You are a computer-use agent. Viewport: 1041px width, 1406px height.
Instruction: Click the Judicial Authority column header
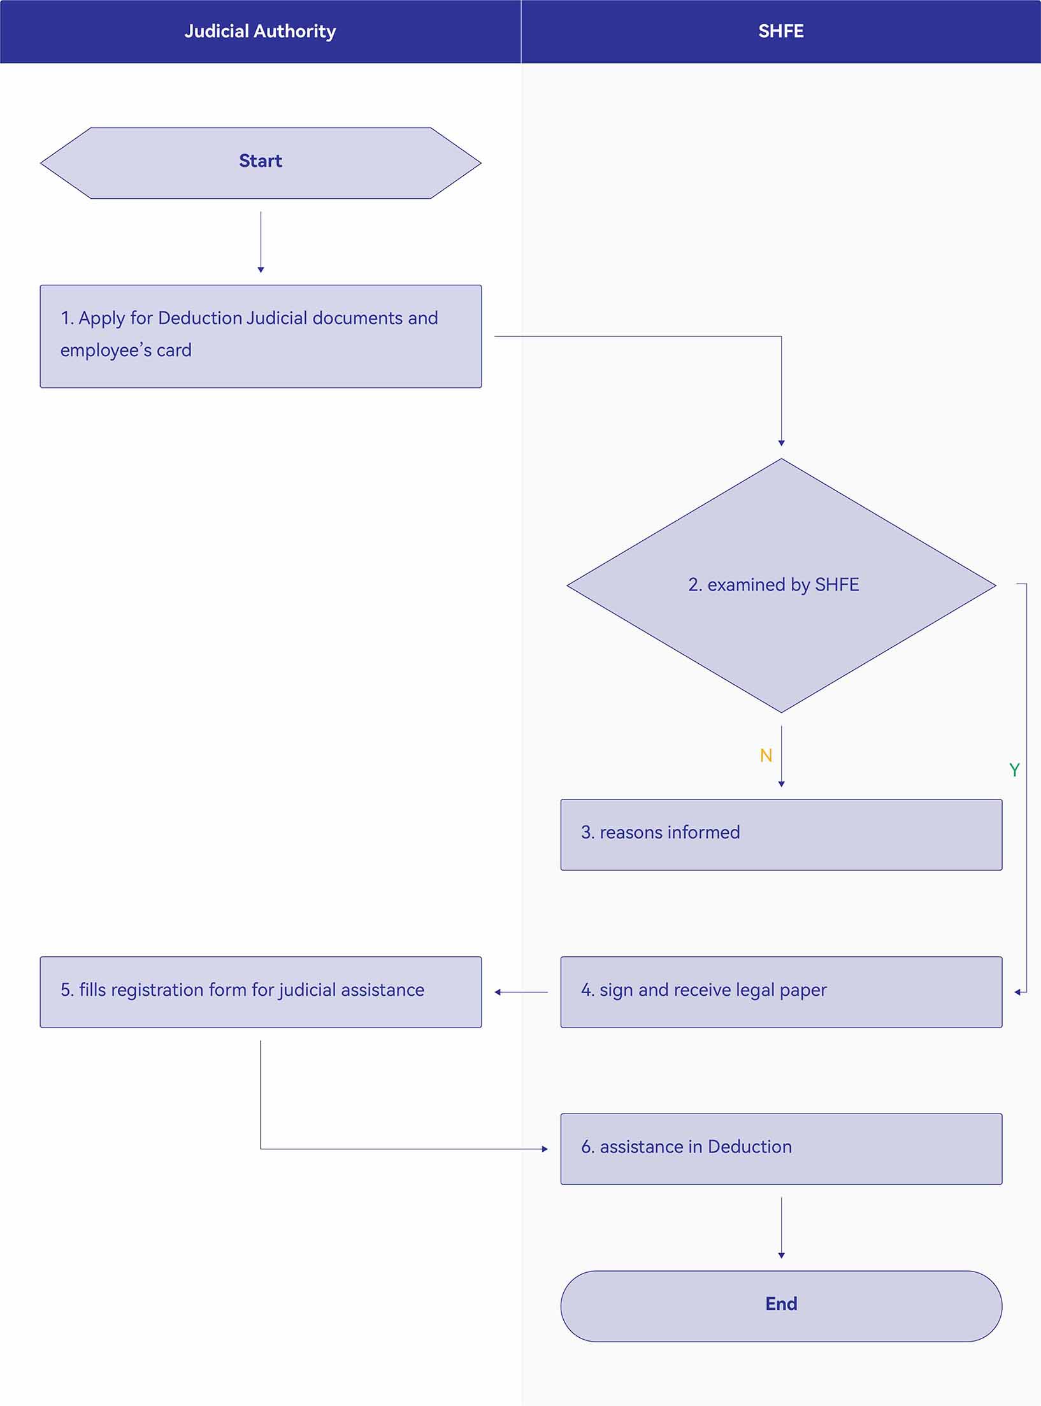(260, 31)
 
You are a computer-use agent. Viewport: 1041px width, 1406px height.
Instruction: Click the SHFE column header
(781, 31)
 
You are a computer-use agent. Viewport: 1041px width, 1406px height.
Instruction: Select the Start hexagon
(261, 163)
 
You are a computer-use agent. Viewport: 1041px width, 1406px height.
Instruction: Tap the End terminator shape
(781, 1306)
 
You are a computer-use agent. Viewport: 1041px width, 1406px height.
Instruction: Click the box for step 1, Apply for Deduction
(261, 336)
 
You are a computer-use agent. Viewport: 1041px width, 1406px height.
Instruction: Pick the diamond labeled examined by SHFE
(781, 585)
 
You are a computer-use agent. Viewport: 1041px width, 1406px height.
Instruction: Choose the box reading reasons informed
(781, 835)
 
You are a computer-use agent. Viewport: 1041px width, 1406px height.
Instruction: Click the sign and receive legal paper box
(781, 992)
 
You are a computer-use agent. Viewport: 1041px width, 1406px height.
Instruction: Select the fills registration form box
(261, 992)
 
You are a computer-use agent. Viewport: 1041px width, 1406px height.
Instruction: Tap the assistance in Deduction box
(781, 1149)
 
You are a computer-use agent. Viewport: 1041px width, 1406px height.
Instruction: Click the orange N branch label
(766, 756)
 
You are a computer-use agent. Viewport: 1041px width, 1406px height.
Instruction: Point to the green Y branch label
(1014, 770)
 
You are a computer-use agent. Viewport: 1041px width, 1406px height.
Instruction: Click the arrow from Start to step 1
(261, 242)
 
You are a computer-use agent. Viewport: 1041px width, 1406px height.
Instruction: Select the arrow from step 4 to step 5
(521, 992)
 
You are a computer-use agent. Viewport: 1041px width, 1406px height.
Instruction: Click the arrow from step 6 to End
(781, 1228)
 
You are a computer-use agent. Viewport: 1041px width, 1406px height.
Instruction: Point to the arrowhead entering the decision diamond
(781, 443)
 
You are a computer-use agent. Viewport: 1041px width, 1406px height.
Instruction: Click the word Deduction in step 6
(750, 1147)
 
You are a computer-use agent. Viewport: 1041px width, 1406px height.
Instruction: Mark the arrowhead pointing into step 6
(545, 1149)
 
